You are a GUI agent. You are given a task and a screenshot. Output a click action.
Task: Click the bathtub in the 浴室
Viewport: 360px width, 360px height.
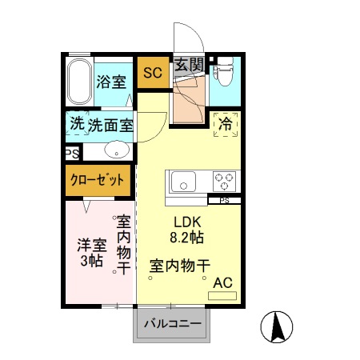point(78,82)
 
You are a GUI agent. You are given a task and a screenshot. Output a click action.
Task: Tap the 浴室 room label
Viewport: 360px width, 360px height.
point(112,82)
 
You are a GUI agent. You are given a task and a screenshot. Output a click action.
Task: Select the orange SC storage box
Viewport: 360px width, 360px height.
point(152,73)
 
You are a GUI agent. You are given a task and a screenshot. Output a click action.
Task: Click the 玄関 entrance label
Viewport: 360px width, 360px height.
point(189,66)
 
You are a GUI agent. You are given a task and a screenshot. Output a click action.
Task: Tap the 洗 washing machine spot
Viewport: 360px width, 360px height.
point(76,125)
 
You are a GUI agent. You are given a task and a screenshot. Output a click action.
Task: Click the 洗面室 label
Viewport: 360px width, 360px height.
point(110,126)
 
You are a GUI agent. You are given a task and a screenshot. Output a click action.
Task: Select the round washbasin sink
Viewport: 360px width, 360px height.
point(116,150)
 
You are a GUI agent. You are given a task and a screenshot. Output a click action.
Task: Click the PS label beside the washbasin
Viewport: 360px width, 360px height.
point(70,150)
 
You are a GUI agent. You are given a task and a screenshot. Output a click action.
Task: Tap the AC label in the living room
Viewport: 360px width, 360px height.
point(222,282)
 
